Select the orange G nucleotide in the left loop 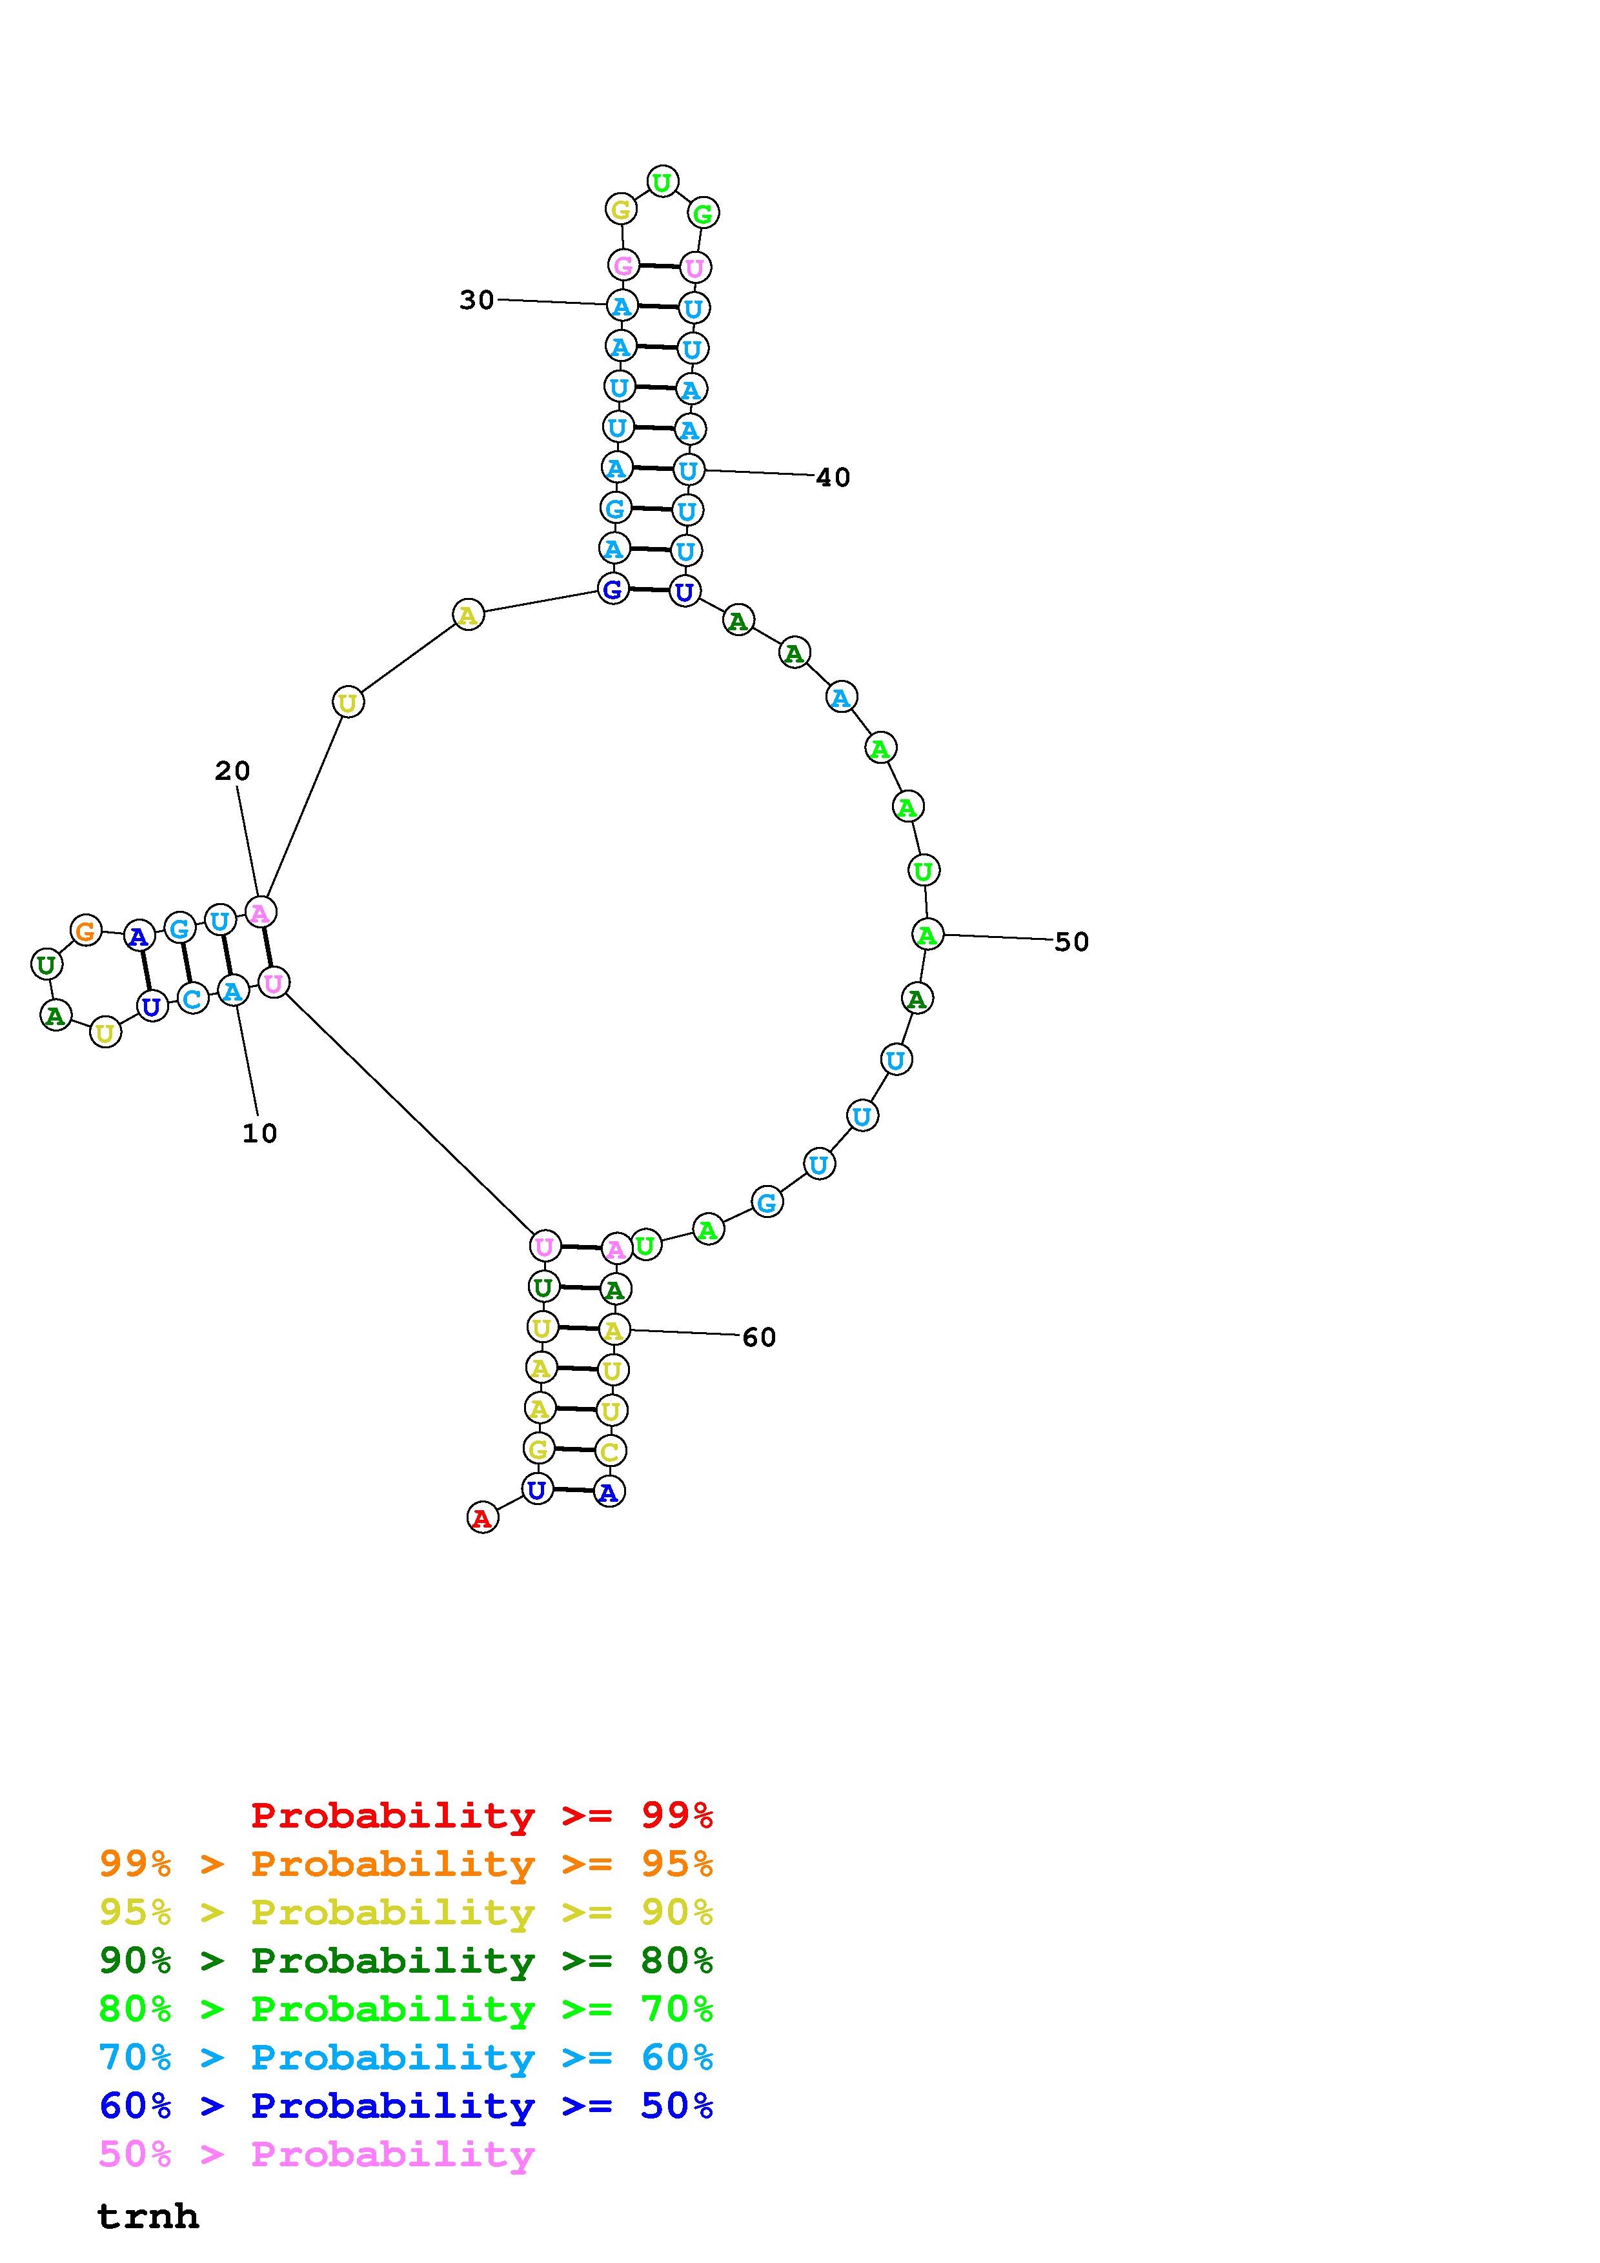click(x=86, y=930)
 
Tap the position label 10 click(x=259, y=1133)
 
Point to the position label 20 click(x=232, y=771)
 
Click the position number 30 click(x=476, y=299)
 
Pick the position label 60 click(x=759, y=1337)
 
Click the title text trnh click(x=148, y=2216)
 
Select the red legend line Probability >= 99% click(x=482, y=1815)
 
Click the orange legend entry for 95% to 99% click(x=406, y=1864)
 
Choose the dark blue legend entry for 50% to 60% click(x=406, y=2106)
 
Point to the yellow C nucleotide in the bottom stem click(x=610, y=1451)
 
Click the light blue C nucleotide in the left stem click(x=193, y=999)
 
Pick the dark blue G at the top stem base click(x=613, y=590)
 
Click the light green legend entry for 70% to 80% click(x=406, y=2009)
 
